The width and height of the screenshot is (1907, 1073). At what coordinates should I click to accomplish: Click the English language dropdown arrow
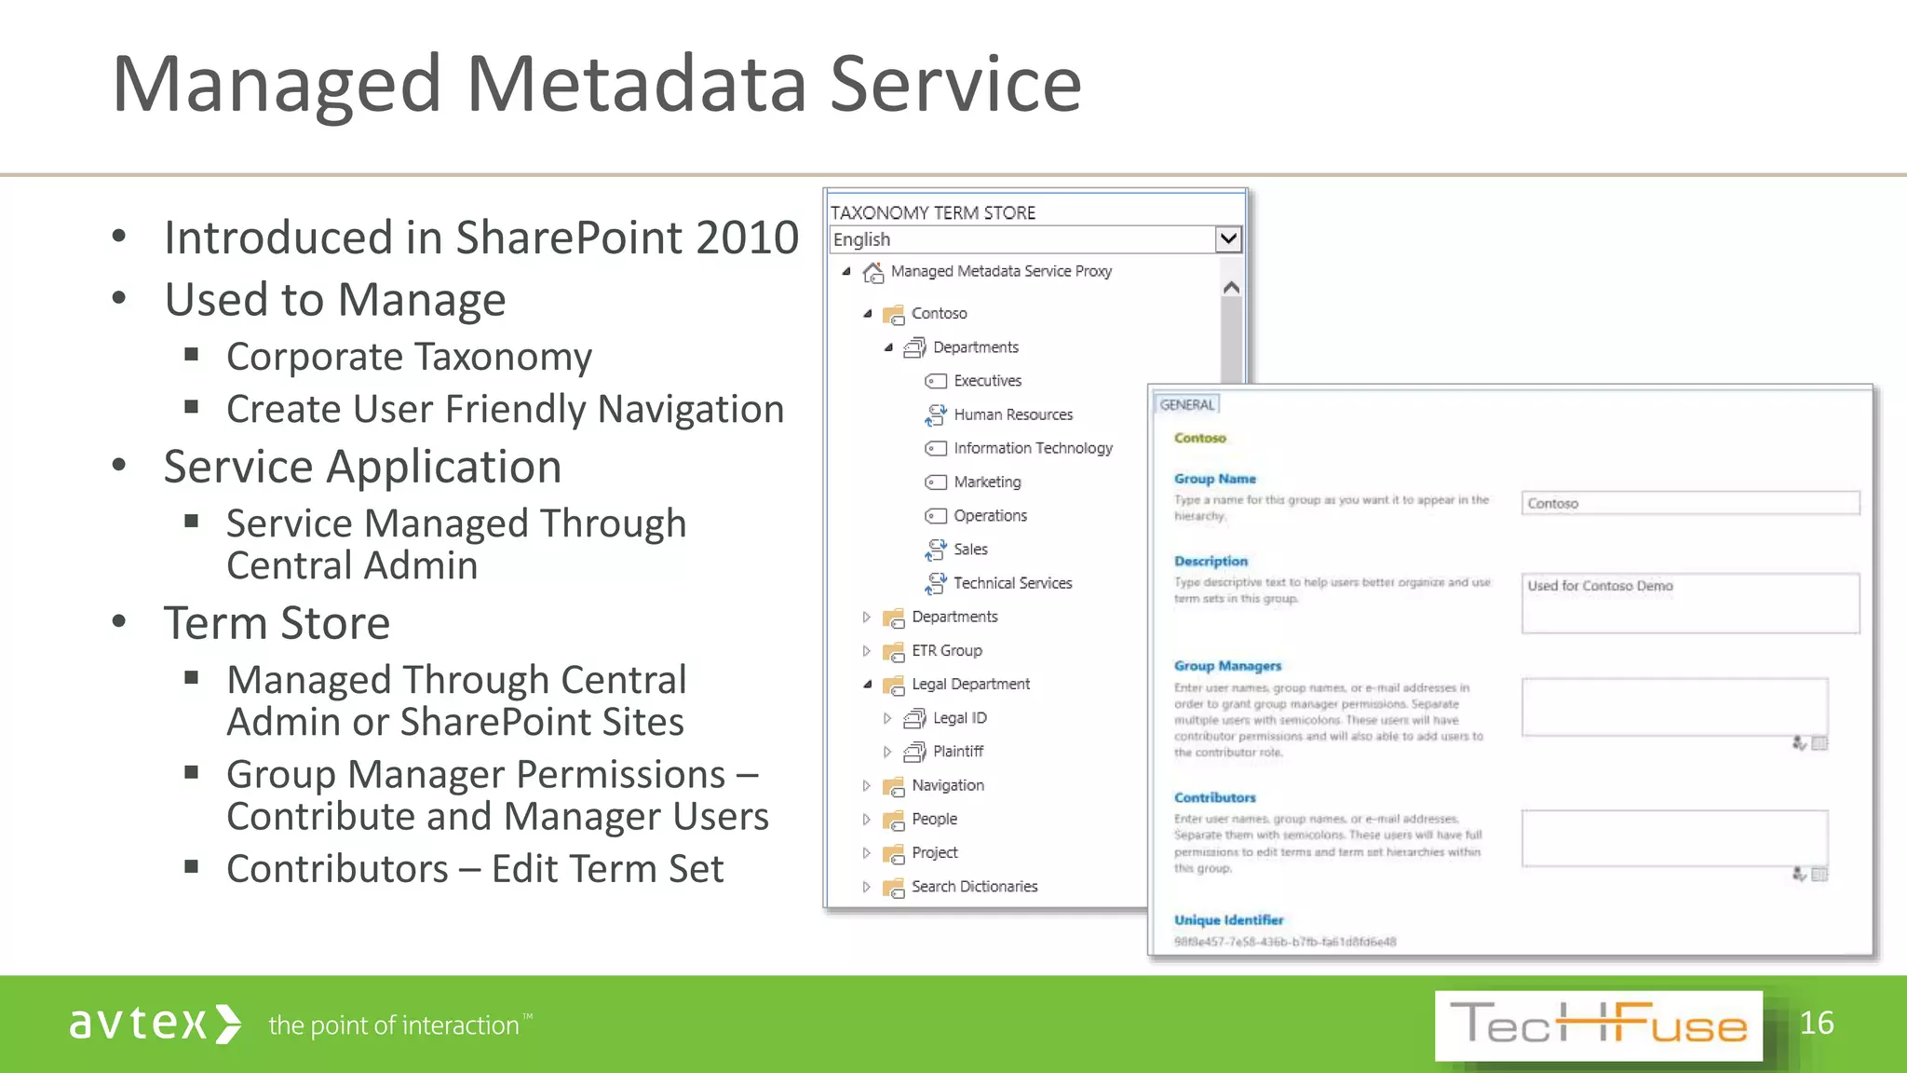(x=1228, y=239)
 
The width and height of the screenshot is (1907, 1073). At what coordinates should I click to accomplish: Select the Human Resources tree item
(x=1012, y=414)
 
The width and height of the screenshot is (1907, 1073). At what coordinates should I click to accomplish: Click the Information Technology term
(x=1033, y=448)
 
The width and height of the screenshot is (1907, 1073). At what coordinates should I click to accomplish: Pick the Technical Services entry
(x=1012, y=583)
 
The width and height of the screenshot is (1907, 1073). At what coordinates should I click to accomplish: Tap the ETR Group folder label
(x=946, y=650)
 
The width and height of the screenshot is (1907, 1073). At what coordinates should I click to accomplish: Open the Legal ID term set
(x=959, y=718)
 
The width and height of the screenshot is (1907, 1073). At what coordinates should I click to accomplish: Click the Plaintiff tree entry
(x=957, y=752)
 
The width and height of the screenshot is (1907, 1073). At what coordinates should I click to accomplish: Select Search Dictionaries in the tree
(x=974, y=887)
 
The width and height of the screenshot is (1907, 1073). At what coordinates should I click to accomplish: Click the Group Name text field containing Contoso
(x=1689, y=503)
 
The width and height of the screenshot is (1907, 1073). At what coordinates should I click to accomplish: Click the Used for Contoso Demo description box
(x=1689, y=603)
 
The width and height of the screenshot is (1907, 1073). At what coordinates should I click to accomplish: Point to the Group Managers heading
(x=1227, y=666)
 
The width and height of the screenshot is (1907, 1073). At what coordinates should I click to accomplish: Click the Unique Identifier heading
(x=1228, y=920)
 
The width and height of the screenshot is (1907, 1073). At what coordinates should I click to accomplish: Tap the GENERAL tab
(x=1187, y=405)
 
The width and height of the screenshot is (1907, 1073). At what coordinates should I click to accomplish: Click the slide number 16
(x=1816, y=1024)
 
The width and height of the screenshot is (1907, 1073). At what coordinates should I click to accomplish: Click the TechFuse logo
(x=1598, y=1025)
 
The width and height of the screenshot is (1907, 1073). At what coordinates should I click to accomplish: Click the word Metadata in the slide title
(x=637, y=84)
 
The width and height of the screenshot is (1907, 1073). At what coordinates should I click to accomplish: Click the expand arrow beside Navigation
(x=867, y=786)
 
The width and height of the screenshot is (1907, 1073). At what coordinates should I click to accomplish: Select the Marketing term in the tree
(x=987, y=482)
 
